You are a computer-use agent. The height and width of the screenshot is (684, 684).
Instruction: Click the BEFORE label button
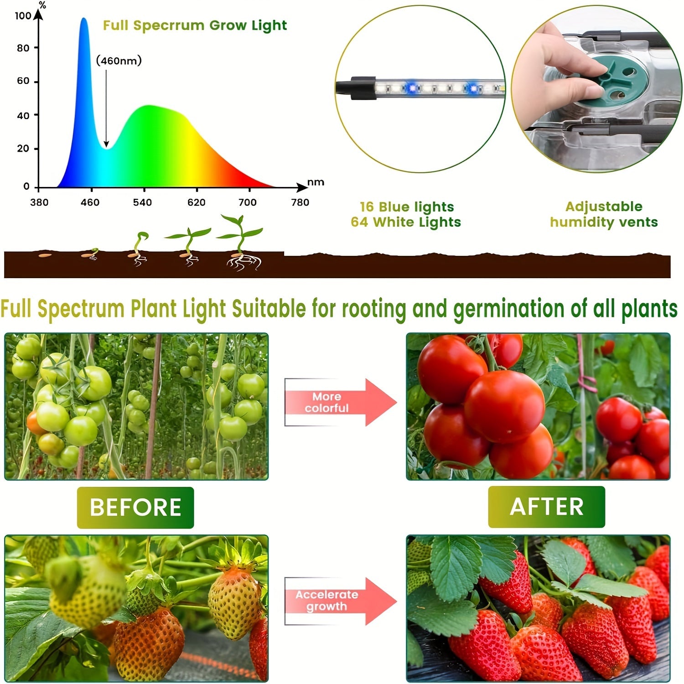[135, 508]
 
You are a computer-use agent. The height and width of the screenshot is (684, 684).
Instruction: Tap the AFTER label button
[546, 507]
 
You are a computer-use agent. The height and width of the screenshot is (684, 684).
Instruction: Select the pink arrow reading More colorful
[337, 402]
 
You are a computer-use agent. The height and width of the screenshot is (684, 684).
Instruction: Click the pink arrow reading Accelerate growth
[337, 601]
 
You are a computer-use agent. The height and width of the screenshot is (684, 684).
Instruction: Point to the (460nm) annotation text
[119, 61]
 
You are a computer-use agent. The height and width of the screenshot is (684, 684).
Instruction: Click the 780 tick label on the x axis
[300, 202]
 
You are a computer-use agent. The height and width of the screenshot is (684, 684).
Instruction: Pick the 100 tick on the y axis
[23, 16]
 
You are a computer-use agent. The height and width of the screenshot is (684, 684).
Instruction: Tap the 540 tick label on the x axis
[142, 202]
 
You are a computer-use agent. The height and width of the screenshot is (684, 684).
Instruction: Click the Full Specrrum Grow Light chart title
[195, 26]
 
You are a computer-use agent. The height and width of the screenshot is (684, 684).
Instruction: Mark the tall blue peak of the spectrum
[84, 27]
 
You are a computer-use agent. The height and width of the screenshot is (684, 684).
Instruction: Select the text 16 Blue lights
[407, 207]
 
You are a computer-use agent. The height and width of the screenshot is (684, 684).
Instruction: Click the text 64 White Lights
[406, 223]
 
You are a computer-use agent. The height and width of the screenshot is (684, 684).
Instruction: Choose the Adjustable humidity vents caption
[604, 214]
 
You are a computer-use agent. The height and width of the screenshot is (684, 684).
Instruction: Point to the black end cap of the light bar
[360, 88]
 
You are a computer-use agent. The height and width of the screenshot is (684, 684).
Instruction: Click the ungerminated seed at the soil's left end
[45, 255]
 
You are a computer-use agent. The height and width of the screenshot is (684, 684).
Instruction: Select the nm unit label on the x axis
[316, 182]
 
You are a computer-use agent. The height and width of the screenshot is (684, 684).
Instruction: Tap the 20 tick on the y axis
[23, 149]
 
